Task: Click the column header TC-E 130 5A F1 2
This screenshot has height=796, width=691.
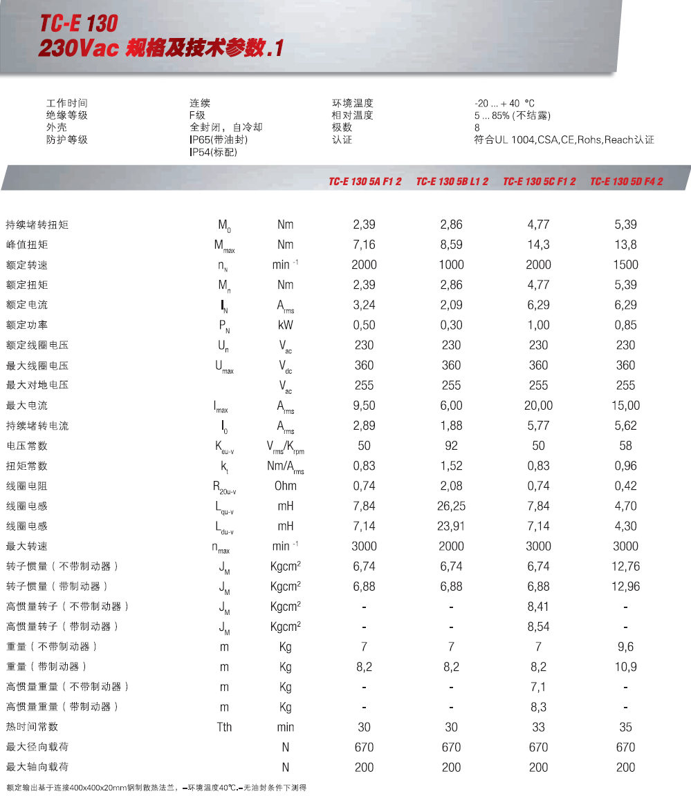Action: click(365, 182)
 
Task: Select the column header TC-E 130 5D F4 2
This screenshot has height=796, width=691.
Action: click(626, 182)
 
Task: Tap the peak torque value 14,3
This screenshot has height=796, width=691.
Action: click(538, 245)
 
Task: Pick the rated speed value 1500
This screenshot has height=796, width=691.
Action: click(625, 265)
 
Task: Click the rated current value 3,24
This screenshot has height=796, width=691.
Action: click(364, 305)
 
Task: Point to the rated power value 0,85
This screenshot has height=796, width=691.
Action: click(625, 325)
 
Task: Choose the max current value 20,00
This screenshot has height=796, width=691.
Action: click(538, 406)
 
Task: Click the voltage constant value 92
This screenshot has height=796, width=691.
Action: click(451, 446)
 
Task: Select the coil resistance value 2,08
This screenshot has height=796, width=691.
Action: click(451, 486)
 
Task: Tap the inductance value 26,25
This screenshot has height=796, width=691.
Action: click(451, 506)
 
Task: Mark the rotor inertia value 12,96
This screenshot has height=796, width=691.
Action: click(625, 587)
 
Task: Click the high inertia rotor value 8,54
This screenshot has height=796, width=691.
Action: click(538, 627)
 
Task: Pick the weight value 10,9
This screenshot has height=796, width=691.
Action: click(625, 667)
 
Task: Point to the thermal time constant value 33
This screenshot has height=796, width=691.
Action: click(538, 727)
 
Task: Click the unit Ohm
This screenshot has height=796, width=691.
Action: click(285, 486)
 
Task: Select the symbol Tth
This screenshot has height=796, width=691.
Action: click(224, 727)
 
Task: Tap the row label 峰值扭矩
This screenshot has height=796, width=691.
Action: click(27, 245)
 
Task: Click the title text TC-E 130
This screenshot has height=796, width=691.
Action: click(78, 24)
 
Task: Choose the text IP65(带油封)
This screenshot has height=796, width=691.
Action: click(219, 140)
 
